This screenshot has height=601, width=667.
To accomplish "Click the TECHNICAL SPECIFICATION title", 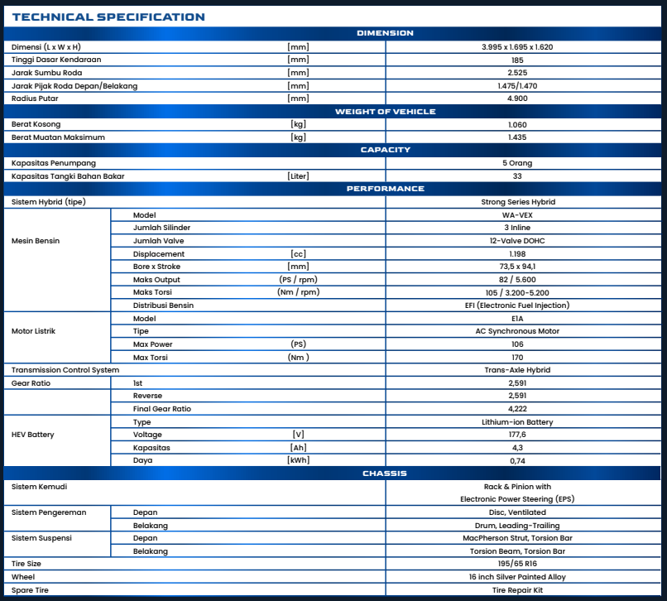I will click(x=108, y=17).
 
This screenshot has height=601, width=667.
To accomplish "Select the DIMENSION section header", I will click(x=385, y=33).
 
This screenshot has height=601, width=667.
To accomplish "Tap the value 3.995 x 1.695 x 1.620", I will click(x=517, y=47).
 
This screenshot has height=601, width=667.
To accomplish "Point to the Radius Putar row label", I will click(x=35, y=99).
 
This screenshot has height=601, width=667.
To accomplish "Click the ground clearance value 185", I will click(x=517, y=60).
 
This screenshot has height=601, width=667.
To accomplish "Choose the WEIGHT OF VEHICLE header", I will click(x=385, y=112).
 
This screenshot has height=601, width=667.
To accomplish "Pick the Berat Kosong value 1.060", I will click(x=517, y=125).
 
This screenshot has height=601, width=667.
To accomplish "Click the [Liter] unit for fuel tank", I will click(x=298, y=176).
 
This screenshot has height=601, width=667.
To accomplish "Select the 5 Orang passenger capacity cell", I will click(x=517, y=163).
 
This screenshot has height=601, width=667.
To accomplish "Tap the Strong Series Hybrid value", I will click(x=517, y=202).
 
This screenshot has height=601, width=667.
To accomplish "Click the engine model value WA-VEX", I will click(x=517, y=215).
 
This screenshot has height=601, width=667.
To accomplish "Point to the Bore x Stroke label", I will click(x=156, y=267).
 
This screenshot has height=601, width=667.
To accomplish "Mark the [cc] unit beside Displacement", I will click(x=298, y=254).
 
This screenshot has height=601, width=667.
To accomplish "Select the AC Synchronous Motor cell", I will click(x=517, y=331).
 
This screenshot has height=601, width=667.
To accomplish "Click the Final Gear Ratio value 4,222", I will click(x=517, y=409).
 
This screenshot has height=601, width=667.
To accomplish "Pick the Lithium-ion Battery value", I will click(x=517, y=422).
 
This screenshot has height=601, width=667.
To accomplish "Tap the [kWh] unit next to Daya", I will click(x=298, y=460).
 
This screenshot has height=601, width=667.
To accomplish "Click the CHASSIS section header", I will click(x=385, y=474).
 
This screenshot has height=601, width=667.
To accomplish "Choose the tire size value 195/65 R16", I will click(x=517, y=564).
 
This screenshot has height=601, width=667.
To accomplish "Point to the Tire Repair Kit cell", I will click(x=517, y=590).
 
